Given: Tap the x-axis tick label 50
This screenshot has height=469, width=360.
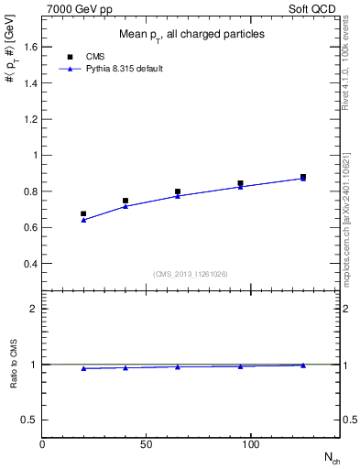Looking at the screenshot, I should [147, 444].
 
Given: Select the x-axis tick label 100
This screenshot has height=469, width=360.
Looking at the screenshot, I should [251, 444].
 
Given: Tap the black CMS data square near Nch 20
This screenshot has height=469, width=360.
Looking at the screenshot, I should [83, 213].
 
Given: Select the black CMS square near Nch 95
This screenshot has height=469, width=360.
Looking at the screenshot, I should [240, 183].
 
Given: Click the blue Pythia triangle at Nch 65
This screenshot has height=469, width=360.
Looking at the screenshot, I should [178, 196].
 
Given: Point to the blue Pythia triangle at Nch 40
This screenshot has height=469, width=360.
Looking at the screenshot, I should [125, 206].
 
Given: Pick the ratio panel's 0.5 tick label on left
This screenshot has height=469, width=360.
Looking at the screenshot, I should [30, 420].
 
